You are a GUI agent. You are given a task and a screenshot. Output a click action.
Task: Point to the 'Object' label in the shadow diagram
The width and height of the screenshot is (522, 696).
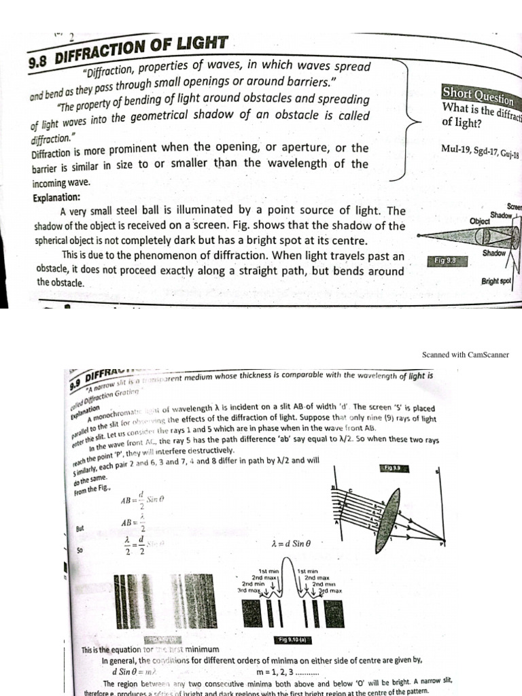480,221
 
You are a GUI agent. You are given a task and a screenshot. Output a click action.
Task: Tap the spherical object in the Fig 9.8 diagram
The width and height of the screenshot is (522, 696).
485,237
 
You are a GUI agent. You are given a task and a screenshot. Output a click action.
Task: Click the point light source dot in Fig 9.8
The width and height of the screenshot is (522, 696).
419,236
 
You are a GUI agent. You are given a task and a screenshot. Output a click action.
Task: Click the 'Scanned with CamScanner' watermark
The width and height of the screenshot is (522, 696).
465,354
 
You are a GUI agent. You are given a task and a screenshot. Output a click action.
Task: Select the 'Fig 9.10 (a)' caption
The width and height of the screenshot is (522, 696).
294,640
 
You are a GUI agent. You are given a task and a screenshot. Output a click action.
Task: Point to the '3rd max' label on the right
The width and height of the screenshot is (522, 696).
330,591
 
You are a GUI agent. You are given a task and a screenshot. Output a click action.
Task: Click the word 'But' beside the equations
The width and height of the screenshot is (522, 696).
81,527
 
